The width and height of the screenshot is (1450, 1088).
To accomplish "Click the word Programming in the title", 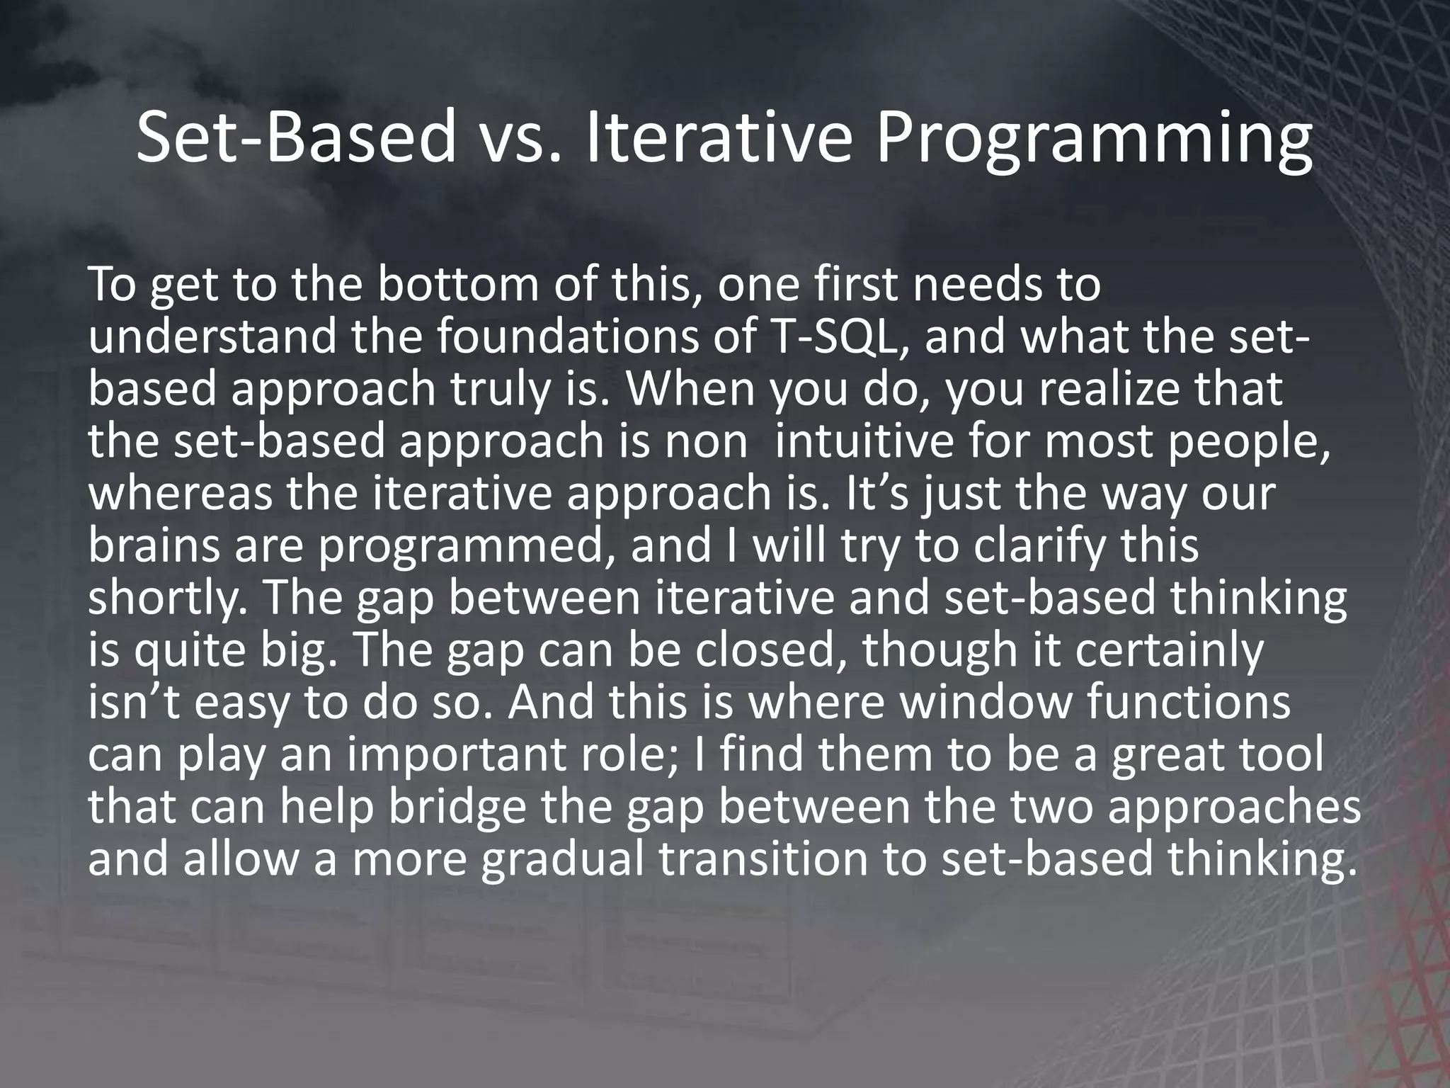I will point(1094,142).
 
